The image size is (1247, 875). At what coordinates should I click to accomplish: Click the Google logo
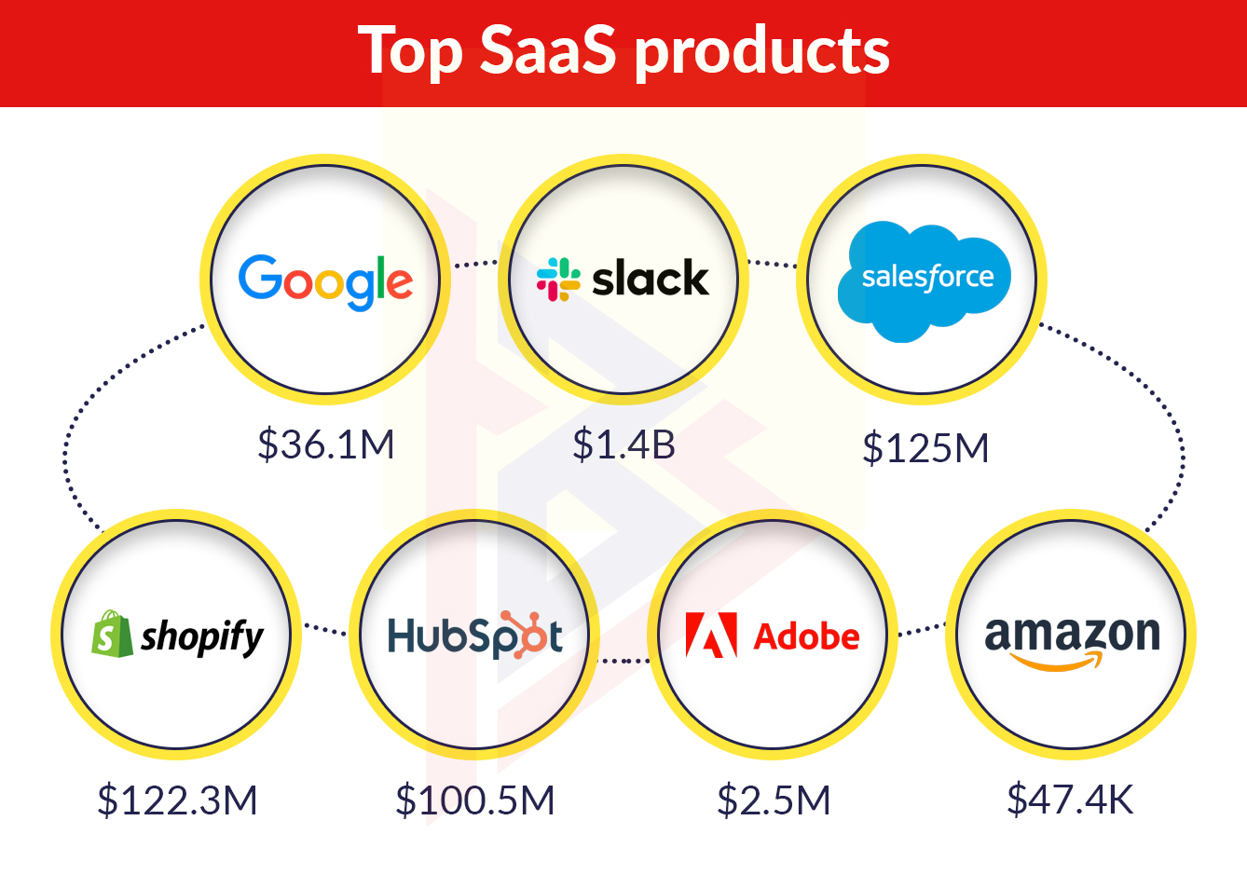tap(325, 282)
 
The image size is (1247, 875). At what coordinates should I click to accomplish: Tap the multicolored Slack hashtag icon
tap(558, 280)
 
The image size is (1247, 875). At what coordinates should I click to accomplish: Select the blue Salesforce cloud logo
tap(925, 281)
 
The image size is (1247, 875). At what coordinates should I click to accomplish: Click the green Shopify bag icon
tap(112, 634)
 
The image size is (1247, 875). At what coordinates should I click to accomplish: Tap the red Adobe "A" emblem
tap(711, 636)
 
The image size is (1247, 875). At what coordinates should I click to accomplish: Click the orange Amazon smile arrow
tap(1056, 662)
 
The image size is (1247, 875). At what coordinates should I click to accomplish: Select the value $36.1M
tap(325, 444)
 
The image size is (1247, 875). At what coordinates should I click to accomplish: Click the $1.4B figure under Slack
tap(623, 444)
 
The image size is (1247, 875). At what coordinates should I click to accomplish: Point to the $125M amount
tap(925, 448)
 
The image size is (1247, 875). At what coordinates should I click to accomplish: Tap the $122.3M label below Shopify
tap(177, 800)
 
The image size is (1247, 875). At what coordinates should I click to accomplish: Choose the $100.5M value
tap(475, 800)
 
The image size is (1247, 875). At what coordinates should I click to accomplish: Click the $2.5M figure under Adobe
tap(774, 800)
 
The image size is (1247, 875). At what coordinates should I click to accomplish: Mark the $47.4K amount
tap(1070, 800)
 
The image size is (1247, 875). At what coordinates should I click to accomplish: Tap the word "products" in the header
tap(762, 54)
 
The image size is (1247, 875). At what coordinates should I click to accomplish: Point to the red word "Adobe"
tap(806, 636)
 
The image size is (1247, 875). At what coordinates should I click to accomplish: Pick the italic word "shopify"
tap(201, 637)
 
